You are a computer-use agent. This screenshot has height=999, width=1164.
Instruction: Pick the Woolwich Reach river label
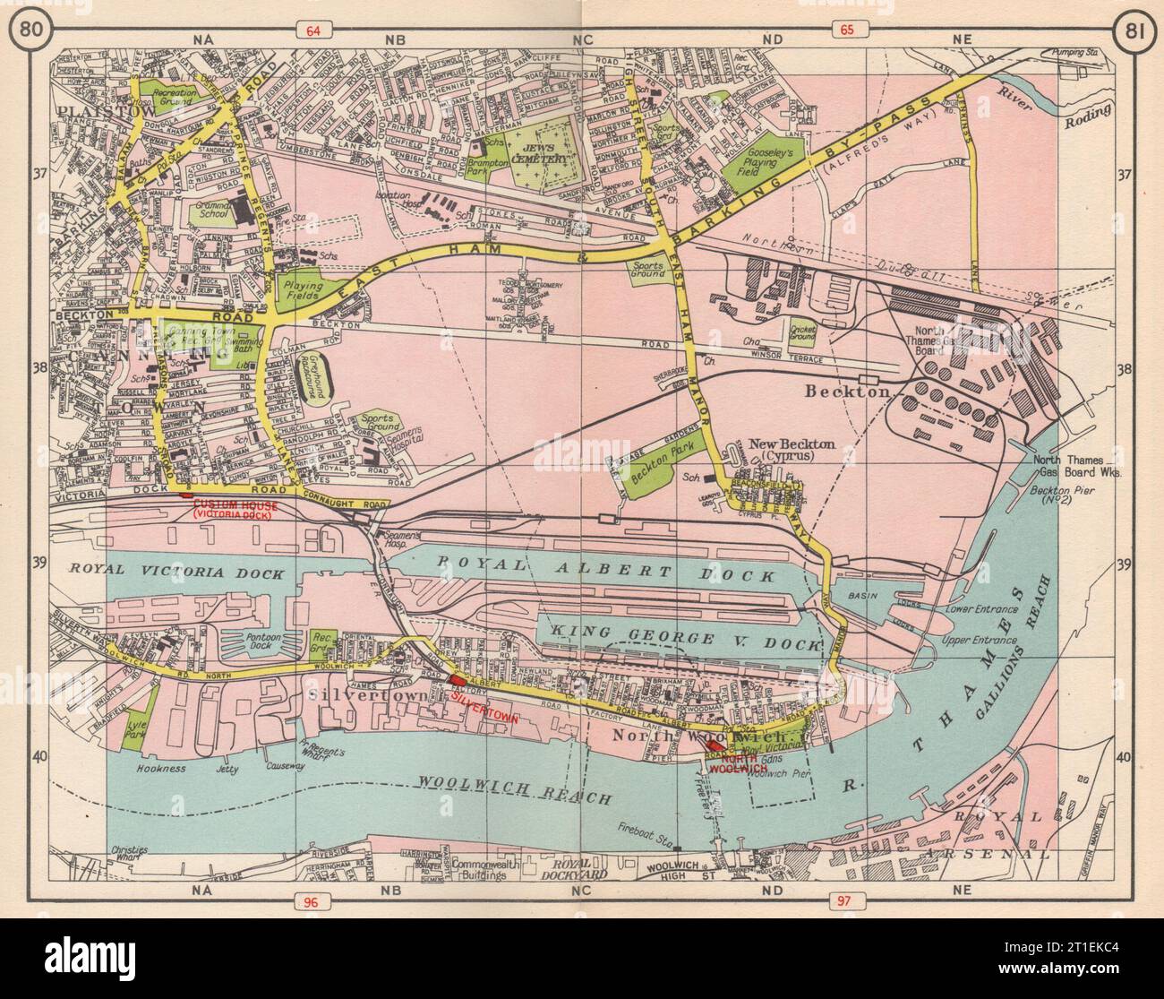514,790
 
